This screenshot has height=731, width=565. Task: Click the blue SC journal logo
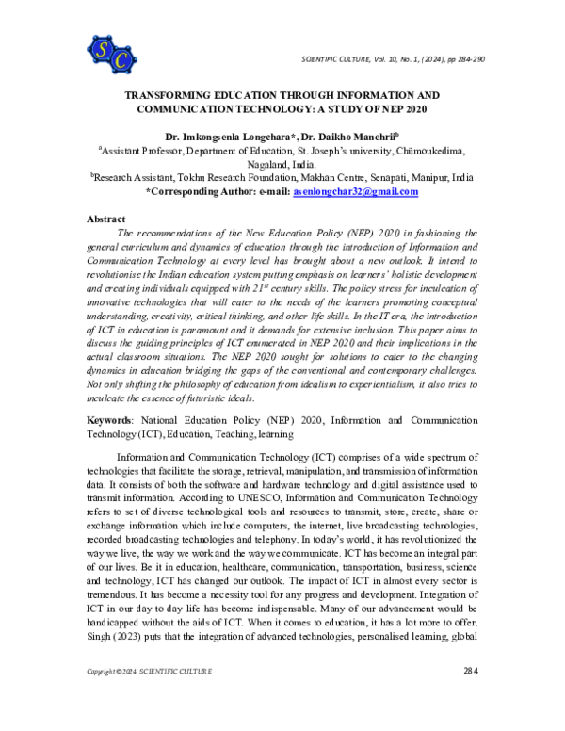tap(111, 54)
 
